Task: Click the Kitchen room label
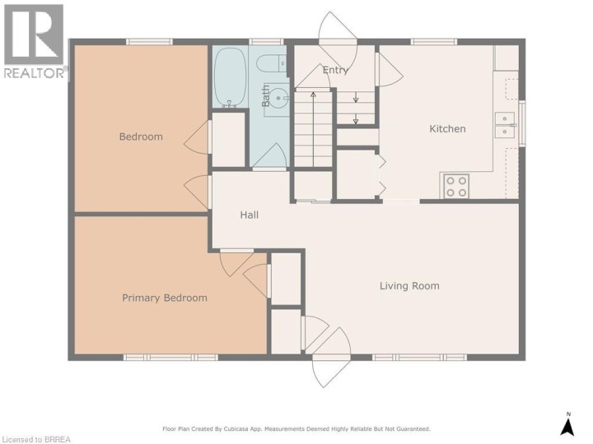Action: [447, 129]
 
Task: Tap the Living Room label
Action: [409, 286]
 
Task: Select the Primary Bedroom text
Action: [165, 298]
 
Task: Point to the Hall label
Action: [250, 215]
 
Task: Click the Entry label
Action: [335, 70]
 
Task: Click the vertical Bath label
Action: [266, 96]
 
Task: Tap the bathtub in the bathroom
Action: [230, 76]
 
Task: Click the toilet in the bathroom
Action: [271, 63]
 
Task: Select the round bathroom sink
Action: [278, 98]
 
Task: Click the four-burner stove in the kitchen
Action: [456, 186]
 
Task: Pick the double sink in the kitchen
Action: [505, 125]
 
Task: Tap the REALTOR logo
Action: [35, 41]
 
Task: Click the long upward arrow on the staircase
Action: [313, 129]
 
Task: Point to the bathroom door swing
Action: [270, 155]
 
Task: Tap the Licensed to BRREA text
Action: [35, 439]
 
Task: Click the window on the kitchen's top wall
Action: [434, 42]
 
